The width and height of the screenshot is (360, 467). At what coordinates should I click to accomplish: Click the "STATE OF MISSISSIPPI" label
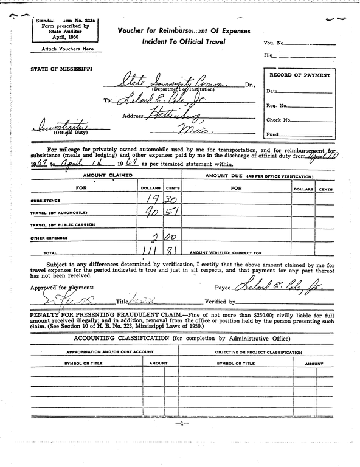coord(61,69)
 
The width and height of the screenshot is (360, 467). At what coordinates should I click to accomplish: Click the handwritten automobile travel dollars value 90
coord(150,212)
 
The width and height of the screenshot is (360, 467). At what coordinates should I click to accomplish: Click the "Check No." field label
coord(279,120)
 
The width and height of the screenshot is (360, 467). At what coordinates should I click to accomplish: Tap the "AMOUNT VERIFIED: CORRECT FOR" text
coord(225,252)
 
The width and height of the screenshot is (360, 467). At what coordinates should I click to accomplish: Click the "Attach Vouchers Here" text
coord(63,48)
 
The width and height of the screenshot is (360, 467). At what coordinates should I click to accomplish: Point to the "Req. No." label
coord(277,105)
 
